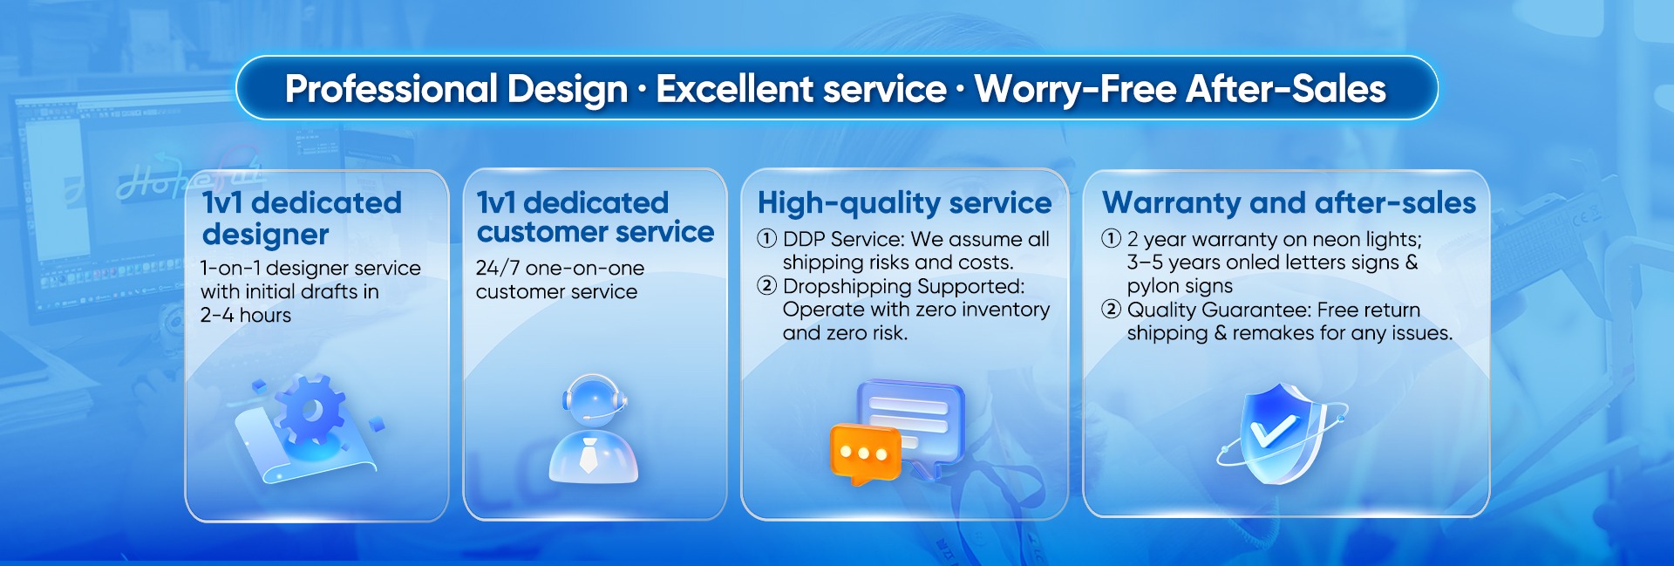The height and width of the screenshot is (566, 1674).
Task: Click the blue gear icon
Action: tap(310, 410)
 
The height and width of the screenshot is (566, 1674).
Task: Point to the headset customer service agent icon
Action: tap(594, 429)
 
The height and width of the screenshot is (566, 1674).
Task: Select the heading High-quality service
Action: tap(904, 203)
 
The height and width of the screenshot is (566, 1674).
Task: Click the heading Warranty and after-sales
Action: tap(1289, 202)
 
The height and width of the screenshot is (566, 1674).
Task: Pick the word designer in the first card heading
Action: tap(265, 235)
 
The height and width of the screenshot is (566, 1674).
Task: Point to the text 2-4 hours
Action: tap(246, 316)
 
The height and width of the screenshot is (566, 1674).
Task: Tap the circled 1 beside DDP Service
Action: tap(767, 238)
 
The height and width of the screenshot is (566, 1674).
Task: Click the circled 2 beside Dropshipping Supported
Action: tap(767, 285)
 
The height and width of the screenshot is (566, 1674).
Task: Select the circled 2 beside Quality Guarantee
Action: tap(1112, 309)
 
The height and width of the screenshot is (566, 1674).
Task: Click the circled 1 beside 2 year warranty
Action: tap(1112, 238)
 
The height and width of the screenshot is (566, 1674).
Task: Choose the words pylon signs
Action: tap(1180, 287)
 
